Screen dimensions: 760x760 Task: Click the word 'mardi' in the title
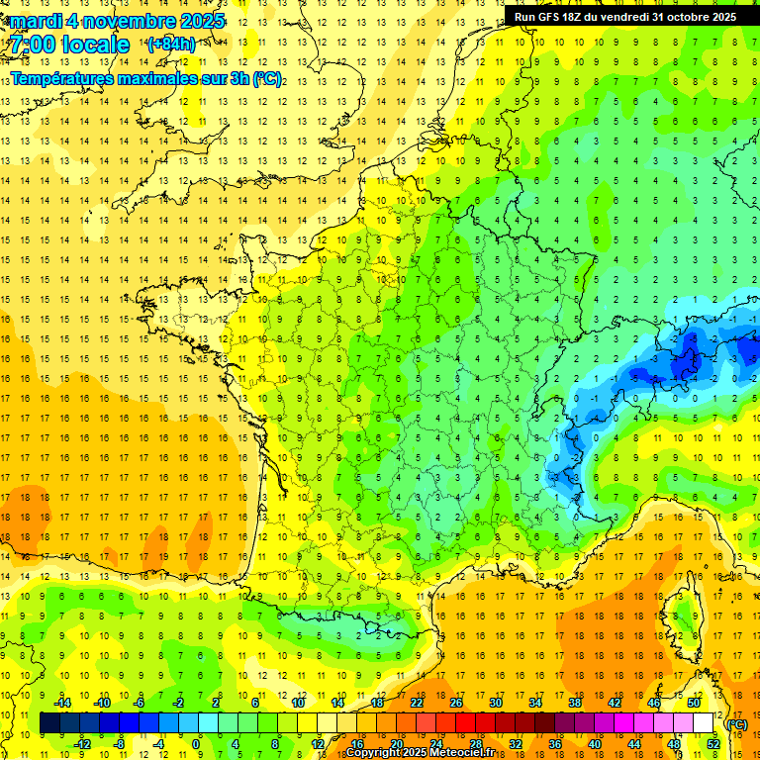36,21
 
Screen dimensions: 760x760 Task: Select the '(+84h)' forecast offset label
170,44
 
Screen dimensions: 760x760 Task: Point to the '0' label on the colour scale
196,744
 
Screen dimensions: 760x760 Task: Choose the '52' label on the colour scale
712,744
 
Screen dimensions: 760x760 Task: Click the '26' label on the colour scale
456,703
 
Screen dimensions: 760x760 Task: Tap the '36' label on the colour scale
554,744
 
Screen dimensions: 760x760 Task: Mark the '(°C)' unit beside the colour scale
737,724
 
